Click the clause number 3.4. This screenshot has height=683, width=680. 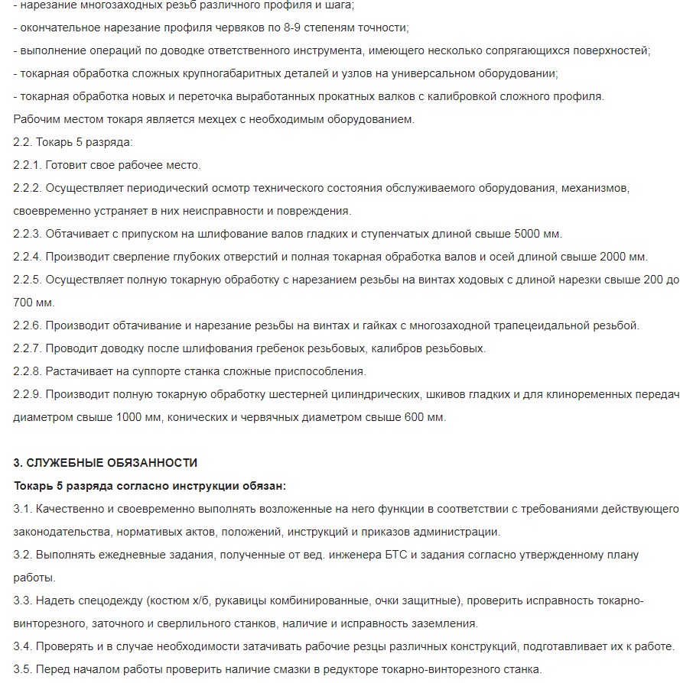click(22, 646)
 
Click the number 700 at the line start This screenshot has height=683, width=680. click(24, 303)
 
